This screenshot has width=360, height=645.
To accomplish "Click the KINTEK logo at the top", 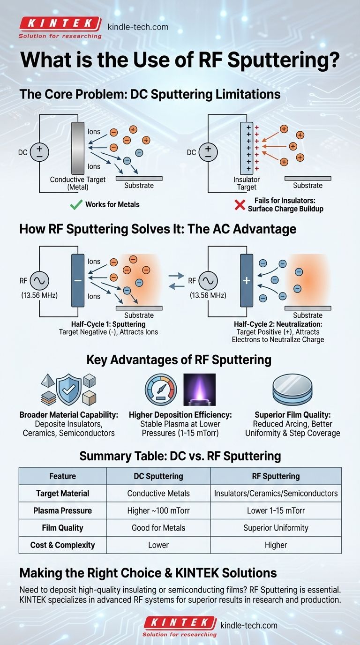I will pyautogui.click(x=60, y=24).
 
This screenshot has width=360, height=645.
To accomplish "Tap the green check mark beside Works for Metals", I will pyautogui.click(x=75, y=204).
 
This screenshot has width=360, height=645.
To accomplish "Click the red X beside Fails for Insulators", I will pyautogui.click(x=240, y=204).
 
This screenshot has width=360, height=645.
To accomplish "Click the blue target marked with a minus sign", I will pyautogui.click(x=78, y=280).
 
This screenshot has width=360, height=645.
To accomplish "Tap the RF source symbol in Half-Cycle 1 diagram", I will pyautogui.click(x=38, y=281).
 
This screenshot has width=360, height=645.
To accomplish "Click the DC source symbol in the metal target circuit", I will pyautogui.click(x=39, y=152).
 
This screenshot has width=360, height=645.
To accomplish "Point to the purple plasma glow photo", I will pyautogui.click(x=199, y=389).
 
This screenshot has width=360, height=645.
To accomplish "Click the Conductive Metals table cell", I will pyautogui.click(x=158, y=494).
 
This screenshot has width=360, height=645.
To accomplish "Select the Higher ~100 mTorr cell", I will pyautogui.click(x=158, y=510).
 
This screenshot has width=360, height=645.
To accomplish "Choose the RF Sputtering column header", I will pyautogui.click(x=276, y=476).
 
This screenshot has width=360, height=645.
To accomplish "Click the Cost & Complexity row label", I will pyautogui.click(x=63, y=545).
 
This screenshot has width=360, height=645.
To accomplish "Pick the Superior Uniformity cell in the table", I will pyautogui.click(x=276, y=528).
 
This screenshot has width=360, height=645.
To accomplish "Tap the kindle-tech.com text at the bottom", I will pyautogui.click(x=248, y=625).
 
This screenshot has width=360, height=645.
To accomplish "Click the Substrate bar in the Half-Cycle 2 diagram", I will pyautogui.click(x=307, y=308).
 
